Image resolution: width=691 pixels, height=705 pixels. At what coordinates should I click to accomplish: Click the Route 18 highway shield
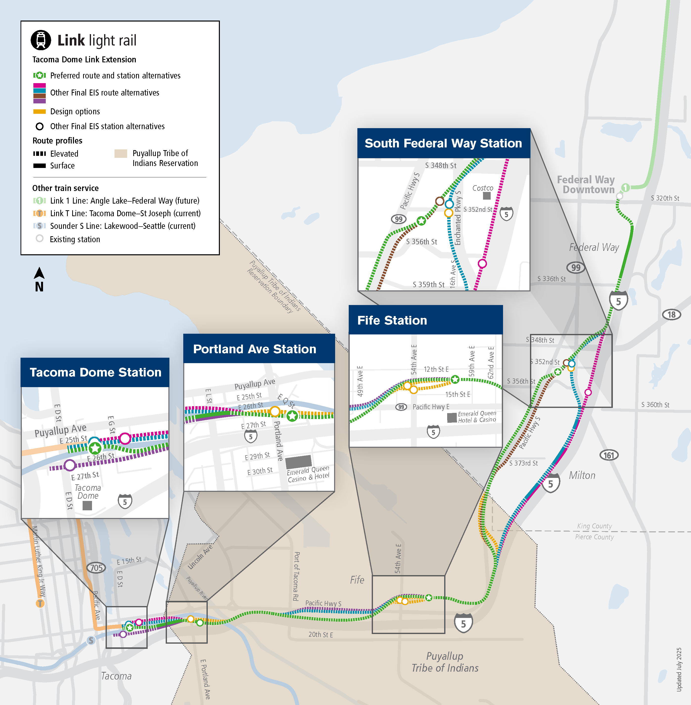[x=671, y=314]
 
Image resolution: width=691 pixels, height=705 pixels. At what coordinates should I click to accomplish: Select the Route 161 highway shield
[x=609, y=455]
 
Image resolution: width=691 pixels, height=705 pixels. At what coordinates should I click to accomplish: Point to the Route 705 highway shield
[x=96, y=567]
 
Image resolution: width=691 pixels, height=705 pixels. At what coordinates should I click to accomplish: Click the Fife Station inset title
[x=392, y=320]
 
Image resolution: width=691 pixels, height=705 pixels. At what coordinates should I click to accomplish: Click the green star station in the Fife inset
[x=455, y=380]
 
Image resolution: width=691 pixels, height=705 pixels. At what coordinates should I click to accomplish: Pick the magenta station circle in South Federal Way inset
[x=482, y=263]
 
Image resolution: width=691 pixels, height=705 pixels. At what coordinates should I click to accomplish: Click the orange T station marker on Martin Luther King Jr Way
[x=40, y=603]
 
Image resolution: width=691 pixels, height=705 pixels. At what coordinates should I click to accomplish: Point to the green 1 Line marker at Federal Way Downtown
[x=625, y=187]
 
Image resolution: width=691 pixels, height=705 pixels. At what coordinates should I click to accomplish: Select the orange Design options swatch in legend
[x=39, y=112]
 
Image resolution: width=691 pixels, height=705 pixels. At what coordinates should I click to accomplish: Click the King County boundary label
[x=594, y=526]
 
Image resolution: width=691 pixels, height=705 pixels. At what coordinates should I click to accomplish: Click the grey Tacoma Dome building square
[x=87, y=505]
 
